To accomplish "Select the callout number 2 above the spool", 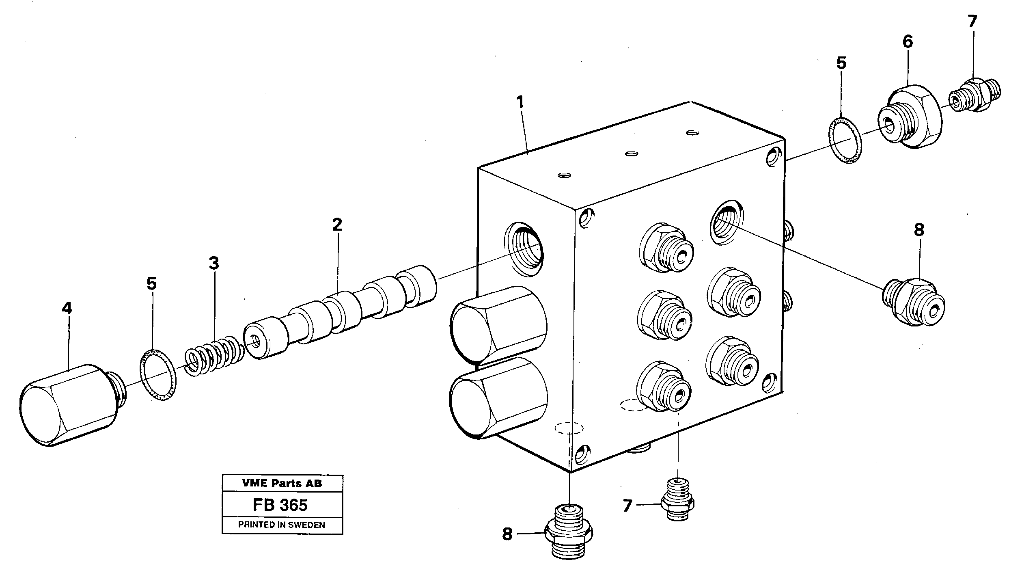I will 337,225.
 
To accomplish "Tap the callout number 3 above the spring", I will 214,264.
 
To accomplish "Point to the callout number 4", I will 67,309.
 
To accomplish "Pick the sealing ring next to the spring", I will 159,375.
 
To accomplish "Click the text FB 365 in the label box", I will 280,505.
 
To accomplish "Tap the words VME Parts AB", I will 282,483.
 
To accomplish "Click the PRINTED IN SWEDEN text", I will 281,525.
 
